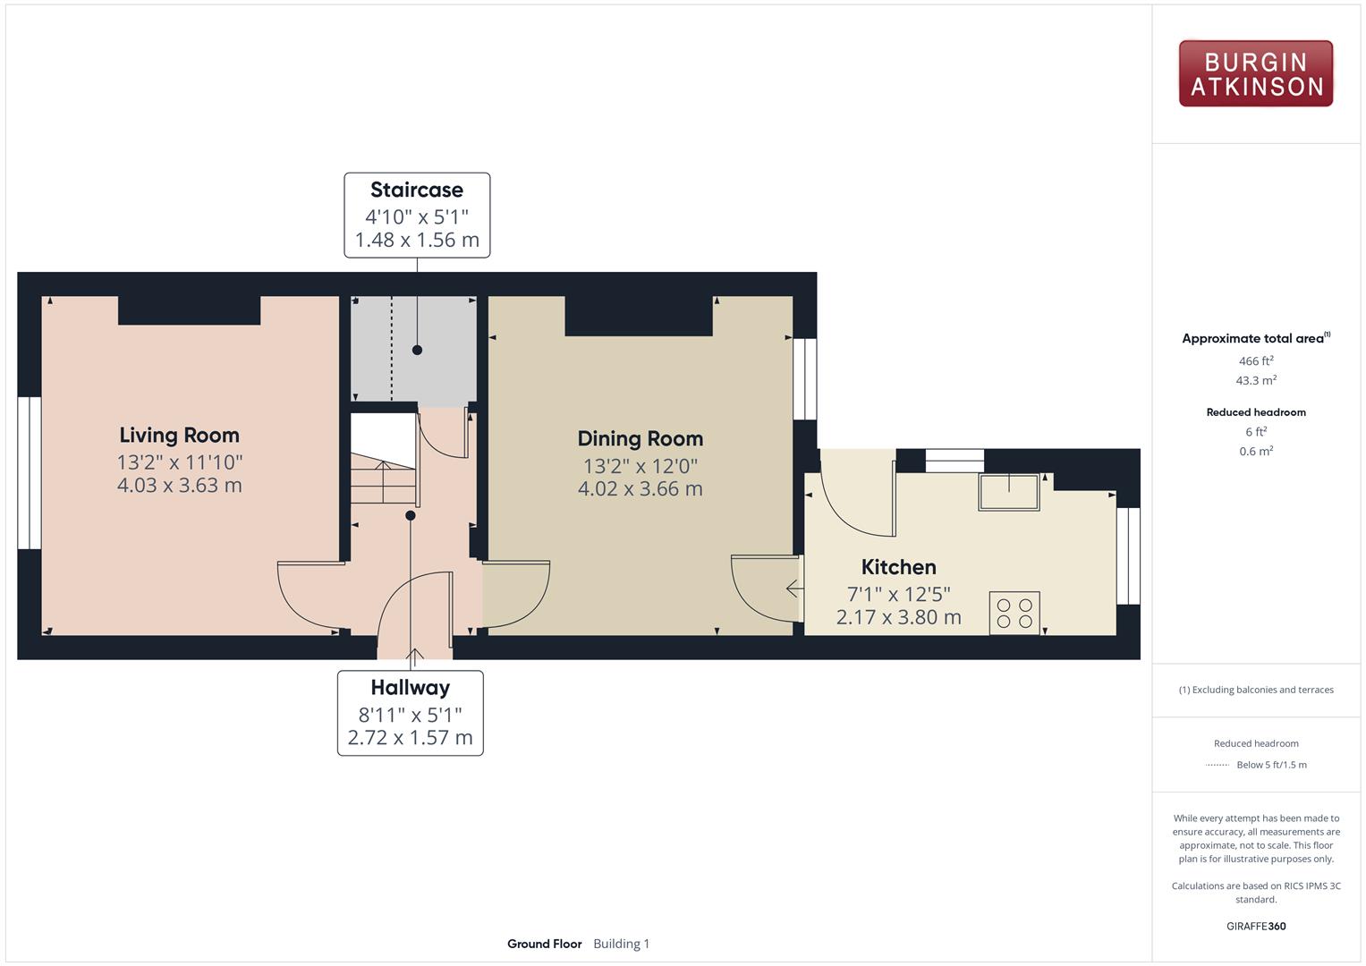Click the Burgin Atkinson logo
point(1256,73)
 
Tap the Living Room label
point(179,435)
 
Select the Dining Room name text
point(641,438)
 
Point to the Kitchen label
point(898,566)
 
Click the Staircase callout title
point(417,190)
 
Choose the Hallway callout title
point(411,687)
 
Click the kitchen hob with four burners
point(1014,613)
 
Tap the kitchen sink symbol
point(1009,492)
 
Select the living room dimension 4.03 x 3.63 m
point(179,486)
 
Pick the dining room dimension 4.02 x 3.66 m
point(641,488)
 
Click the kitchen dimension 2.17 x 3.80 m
point(898,617)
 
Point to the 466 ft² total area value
point(1256,360)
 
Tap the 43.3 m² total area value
point(1256,380)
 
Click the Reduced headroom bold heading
point(1256,412)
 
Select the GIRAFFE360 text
point(1256,926)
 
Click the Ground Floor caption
point(544,944)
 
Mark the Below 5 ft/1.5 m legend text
point(1271,765)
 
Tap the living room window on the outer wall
point(30,473)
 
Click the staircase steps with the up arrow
point(383,479)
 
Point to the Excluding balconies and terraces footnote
point(1256,690)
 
